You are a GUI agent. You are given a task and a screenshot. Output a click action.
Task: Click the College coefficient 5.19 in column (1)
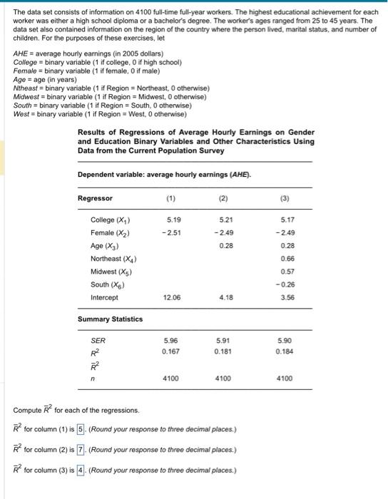tap(173, 220)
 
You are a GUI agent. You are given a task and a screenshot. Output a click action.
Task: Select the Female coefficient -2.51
tap(171, 232)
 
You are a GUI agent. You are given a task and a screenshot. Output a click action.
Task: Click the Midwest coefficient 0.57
tap(288, 271)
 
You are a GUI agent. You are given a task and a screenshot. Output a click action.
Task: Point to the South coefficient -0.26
tap(287, 284)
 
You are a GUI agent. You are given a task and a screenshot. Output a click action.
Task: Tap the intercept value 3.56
tap(288, 297)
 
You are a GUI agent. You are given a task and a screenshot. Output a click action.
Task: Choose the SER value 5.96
tap(170, 341)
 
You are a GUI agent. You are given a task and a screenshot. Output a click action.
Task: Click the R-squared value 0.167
tap(170, 352)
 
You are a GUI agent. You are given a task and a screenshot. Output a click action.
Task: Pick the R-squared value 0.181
tap(226, 352)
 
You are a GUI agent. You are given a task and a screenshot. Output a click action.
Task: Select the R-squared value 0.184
tap(287, 352)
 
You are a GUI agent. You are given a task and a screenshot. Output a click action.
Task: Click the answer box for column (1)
tap(81, 429)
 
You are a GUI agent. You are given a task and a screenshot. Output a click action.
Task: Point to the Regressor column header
tap(96, 197)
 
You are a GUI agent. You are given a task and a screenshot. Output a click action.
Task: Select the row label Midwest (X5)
tap(113, 271)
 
